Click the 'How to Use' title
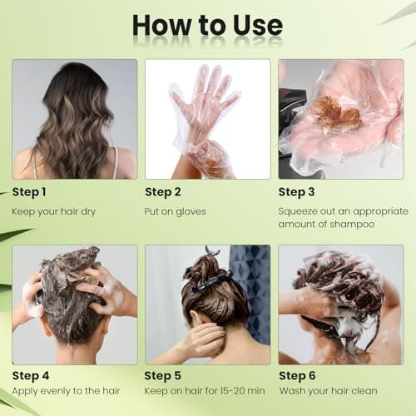208,25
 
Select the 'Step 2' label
164,192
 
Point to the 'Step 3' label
297,192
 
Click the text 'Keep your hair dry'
54,212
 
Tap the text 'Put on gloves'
176,212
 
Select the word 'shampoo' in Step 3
353,225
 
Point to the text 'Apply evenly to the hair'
66,391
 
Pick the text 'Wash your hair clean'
328,391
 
